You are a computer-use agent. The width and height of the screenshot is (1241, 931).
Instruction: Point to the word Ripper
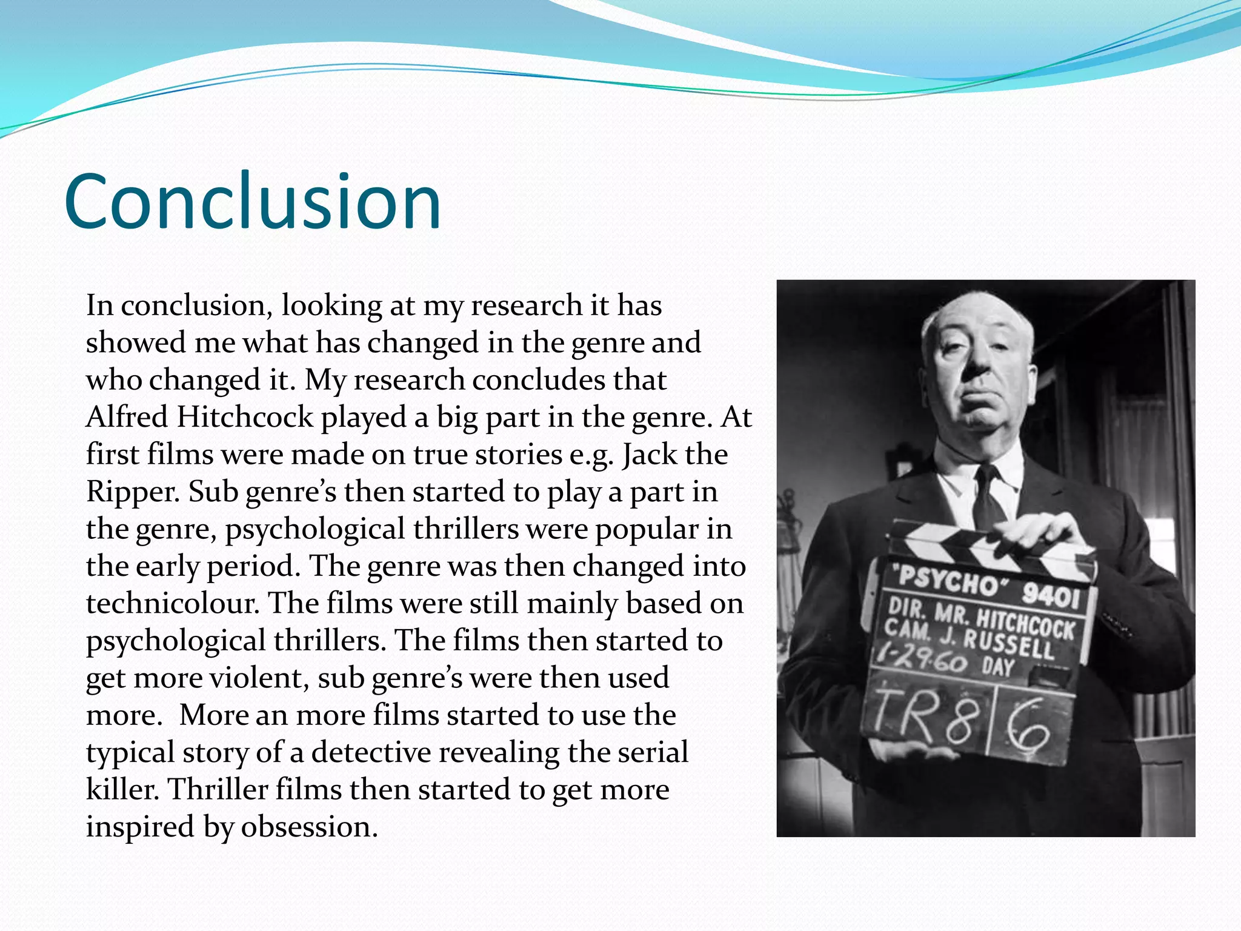pos(133,492)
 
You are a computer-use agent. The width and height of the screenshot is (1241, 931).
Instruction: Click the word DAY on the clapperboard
pos(998,666)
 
